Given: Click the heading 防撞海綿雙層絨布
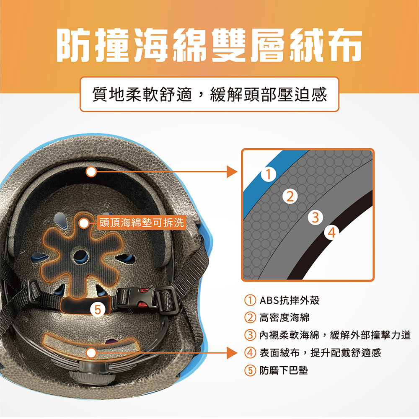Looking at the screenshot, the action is tap(209, 45).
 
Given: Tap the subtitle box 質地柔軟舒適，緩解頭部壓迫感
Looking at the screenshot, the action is tap(209, 94).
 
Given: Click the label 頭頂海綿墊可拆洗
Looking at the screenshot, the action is tap(141, 222).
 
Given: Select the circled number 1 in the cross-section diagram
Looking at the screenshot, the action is tap(269, 174).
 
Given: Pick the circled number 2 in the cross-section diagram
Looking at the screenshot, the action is tap(290, 197).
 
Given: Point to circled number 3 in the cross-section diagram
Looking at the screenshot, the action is tap(316, 217).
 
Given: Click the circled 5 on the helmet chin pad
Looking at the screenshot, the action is tap(98, 310).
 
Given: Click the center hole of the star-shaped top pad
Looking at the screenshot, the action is tap(81, 256).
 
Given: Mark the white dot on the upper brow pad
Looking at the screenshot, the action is tap(91, 171).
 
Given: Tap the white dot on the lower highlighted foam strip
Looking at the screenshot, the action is tap(91, 353).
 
